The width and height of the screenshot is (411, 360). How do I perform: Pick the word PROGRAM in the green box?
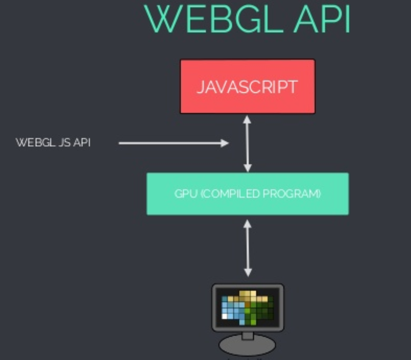293,194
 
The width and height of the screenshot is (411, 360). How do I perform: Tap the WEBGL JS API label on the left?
53,143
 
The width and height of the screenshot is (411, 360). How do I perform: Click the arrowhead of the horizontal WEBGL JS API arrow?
225,143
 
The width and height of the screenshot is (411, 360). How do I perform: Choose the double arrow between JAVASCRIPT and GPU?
248,143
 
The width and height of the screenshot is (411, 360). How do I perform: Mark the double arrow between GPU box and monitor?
248,248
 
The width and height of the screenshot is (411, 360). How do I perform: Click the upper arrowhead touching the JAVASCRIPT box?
248,119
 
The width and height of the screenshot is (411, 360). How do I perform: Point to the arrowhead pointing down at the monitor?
248,272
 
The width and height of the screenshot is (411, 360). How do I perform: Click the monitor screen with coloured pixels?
248,308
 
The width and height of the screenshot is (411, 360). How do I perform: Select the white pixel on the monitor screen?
225,316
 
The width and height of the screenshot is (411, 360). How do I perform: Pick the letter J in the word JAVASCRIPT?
200,87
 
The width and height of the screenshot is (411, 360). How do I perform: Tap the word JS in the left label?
66,143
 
